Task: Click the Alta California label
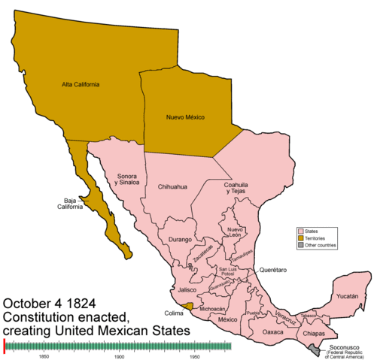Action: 81,84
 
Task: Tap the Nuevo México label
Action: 184,117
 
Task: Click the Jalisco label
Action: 187,290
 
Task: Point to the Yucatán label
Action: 351,297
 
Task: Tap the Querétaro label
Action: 275,269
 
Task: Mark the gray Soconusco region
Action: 314,348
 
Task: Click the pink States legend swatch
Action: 299,231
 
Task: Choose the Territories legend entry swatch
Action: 299,238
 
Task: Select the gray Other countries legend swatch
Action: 299,246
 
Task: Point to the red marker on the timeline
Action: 5,345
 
